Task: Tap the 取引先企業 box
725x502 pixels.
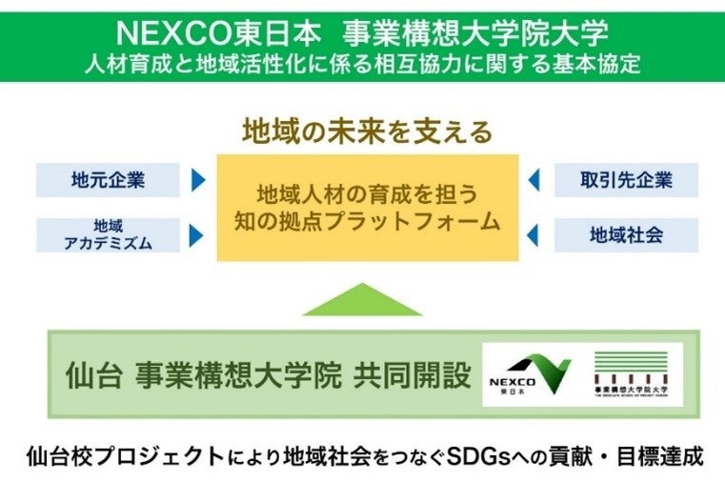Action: (626, 179)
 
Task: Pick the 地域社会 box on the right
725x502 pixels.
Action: (626, 233)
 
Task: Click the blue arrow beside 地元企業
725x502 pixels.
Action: (198, 179)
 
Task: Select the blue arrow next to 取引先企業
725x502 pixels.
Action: (534, 179)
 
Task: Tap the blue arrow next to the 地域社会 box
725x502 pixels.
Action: (534, 233)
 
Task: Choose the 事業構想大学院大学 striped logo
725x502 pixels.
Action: (630, 373)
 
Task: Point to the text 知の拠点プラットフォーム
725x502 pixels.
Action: (367, 223)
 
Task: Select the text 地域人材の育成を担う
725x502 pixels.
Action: (367, 193)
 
